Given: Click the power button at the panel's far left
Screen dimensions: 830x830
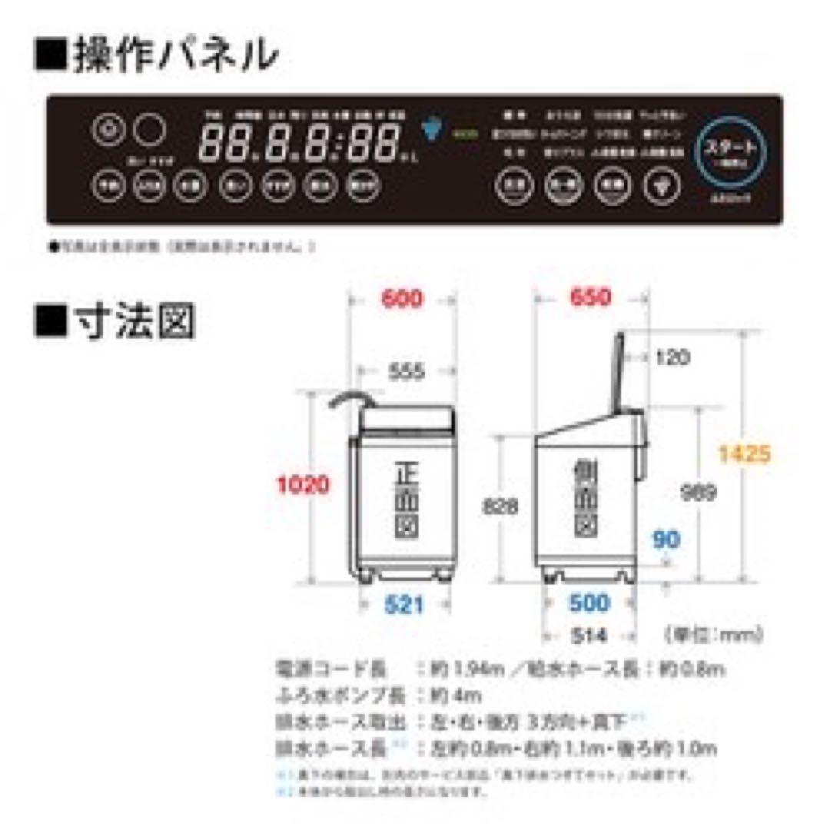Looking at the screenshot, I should pyautogui.click(x=109, y=130).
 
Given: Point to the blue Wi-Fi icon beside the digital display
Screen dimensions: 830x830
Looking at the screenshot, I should pyautogui.click(x=433, y=128).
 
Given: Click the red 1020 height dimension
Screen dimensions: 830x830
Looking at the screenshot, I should pyautogui.click(x=304, y=485).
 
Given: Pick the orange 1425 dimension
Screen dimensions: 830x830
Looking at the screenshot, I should pyautogui.click(x=744, y=454).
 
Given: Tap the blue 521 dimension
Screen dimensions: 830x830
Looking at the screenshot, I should pyautogui.click(x=404, y=606).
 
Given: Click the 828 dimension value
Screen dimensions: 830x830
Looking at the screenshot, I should pyautogui.click(x=500, y=506).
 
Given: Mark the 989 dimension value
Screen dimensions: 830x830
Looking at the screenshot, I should pyautogui.click(x=699, y=493).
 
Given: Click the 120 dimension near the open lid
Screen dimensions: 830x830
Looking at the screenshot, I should pyautogui.click(x=672, y=357).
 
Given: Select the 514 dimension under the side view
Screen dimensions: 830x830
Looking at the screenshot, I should pyautogui.click(x=589, y=636).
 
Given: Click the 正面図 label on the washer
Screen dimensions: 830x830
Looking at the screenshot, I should pyautogui.click(x=405, y=500).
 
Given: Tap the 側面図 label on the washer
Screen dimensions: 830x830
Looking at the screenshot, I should pyautogui.click(x=586, y=500).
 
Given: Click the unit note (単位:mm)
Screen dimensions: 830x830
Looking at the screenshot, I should pyautogui.click(x=711, y=636).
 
